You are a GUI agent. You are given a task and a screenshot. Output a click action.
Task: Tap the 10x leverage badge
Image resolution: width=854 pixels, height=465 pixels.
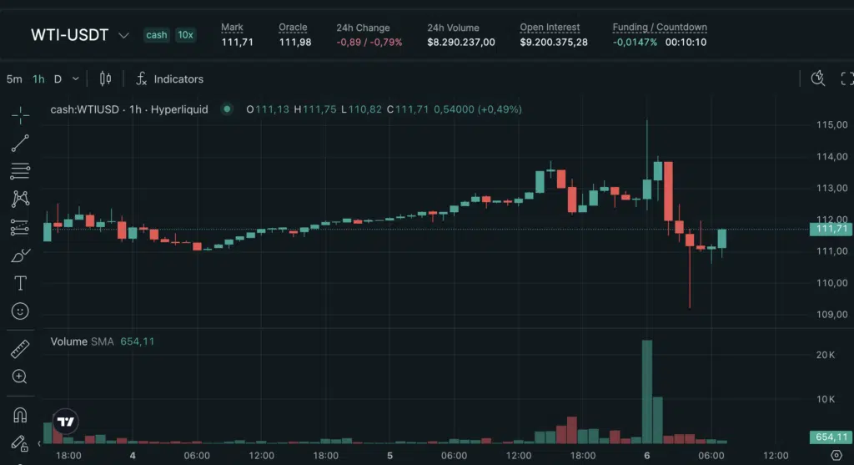[x=185, y=35]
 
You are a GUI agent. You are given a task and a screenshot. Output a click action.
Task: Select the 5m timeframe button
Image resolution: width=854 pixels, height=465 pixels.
[x=14, y=79]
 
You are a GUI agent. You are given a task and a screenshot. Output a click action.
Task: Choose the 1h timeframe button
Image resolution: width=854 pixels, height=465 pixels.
[x=38, y=79]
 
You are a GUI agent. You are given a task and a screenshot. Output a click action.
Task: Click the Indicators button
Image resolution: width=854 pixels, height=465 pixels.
[x=170, y=79]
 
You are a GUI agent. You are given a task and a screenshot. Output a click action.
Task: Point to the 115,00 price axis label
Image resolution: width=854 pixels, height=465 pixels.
[x=831, y=125]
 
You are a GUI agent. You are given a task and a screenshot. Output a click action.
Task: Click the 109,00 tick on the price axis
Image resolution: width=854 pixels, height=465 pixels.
[x=831, y=315]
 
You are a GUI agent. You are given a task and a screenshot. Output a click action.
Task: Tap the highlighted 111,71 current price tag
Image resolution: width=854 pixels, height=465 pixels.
[x=831, y=229]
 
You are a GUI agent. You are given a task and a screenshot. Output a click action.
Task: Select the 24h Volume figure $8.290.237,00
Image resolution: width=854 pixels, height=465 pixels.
[x=461, y=42]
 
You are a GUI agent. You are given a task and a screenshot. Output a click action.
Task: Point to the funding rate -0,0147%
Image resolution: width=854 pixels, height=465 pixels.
[x=635, y=42]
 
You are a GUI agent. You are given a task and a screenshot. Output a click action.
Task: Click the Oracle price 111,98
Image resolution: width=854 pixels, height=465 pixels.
[x=295, y=42]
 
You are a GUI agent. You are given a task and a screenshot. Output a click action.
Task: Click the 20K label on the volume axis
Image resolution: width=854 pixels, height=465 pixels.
[x=826, y=356]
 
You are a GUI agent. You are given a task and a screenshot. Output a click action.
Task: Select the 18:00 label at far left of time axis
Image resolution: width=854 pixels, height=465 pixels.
[x=68, y=456]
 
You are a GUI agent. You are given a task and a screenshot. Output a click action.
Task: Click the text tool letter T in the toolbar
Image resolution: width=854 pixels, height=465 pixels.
[x=20, y=283]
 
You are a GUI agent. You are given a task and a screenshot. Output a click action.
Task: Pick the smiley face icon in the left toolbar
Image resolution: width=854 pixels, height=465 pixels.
[x=20, y=311]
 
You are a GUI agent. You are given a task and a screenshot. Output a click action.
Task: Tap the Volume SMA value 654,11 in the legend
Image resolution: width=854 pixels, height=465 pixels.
[x=138, y=341]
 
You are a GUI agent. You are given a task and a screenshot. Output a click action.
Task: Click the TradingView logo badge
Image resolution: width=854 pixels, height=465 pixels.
[x=67, y=422]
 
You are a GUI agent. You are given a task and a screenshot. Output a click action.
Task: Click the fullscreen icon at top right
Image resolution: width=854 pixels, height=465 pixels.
[x=846, y=78]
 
